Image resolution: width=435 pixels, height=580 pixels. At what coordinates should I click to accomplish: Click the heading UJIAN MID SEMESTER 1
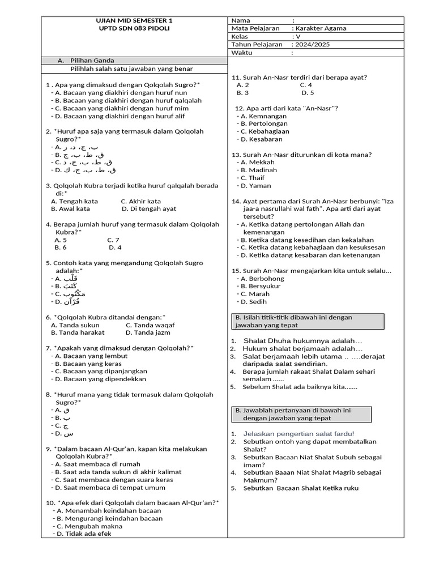pyautogui.click(x=134, y=20)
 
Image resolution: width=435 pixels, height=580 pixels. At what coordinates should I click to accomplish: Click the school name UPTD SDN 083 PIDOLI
pyautogui.click(x=134, y=28)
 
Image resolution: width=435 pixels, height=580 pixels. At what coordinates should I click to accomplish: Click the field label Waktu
pyautogui.click(x=242, y=53)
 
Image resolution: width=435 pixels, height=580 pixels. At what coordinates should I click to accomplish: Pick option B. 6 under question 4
pyautogui.click(x=61, y=247)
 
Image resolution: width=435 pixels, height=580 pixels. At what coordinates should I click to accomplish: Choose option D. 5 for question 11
pyautogui.click(x=308, y=92)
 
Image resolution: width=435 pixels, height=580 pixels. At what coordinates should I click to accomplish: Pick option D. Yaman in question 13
pyautogui.click(x=255, y=185)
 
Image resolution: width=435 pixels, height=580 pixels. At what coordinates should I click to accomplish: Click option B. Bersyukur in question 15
pyautogui.click(x=262, y=286)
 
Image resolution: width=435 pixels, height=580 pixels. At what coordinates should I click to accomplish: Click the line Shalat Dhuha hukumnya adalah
pyautogui.click(x=302, y=341)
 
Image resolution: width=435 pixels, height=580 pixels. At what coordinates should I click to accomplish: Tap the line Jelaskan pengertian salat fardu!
pyautogui.click(x=298, y=433)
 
